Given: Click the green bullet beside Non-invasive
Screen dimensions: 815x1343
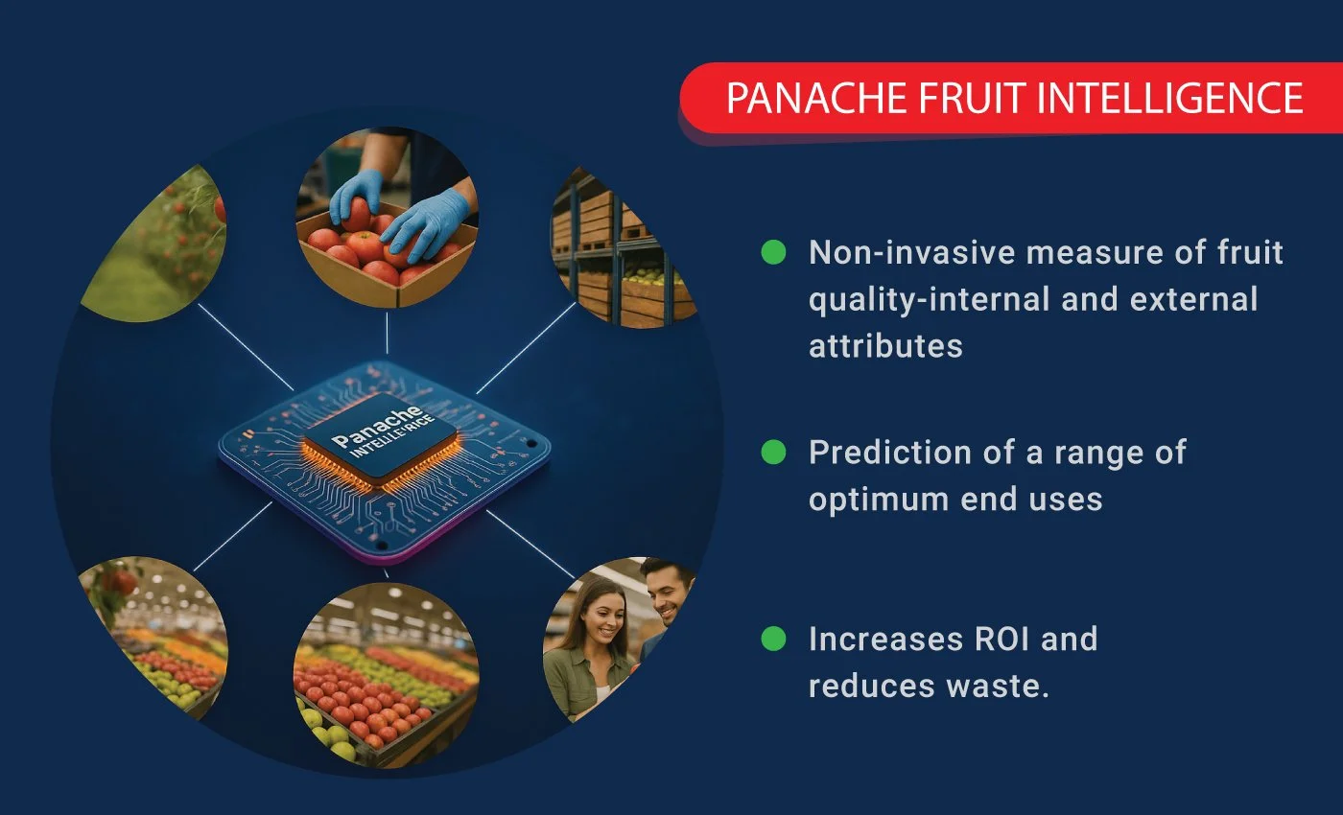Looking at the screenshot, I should click(x=773, y=252).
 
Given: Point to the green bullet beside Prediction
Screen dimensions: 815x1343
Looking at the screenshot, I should click(x=773, y=452).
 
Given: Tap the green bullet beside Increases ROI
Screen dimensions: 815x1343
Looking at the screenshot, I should click(x=773, y=639).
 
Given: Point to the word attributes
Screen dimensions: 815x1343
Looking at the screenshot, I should click(x=884, y=345).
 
